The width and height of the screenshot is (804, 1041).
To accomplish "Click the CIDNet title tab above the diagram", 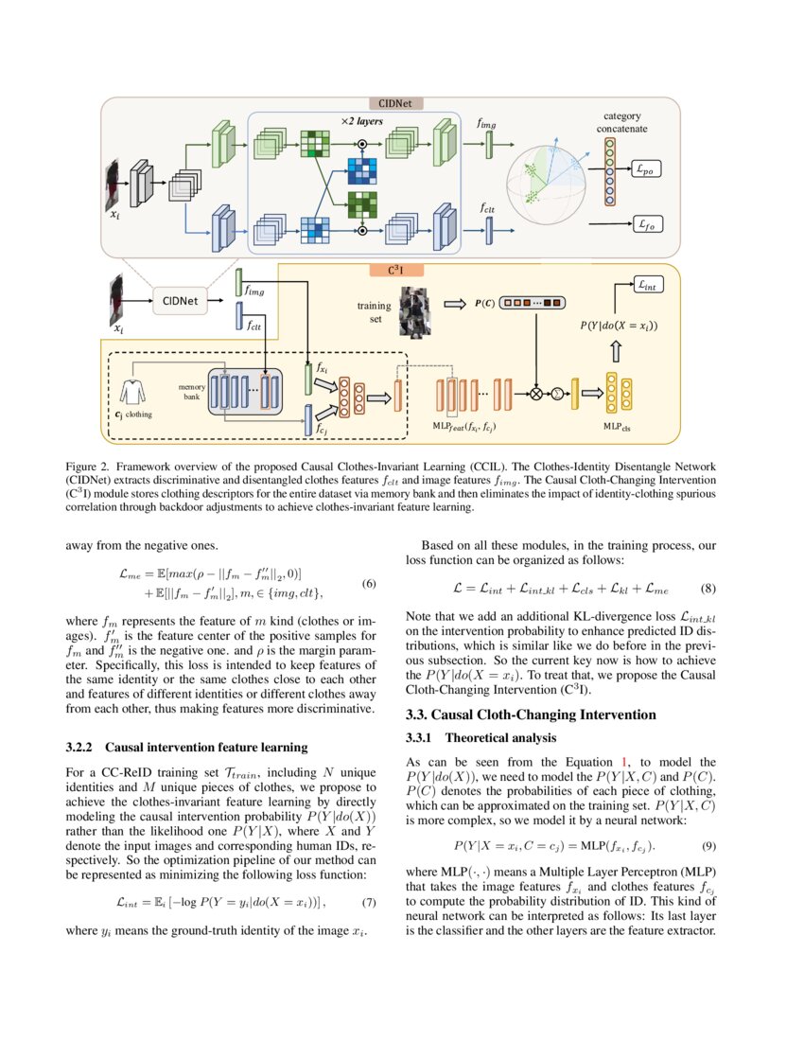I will [x=394, y=103].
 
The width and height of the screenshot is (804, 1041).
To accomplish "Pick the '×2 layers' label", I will [x=362, y=122].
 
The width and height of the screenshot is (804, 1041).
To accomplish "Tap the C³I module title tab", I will [x=394, y=270].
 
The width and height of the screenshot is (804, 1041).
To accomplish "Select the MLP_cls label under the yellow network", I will [x=618, y=427].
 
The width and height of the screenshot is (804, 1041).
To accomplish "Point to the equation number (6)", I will [x=370, y=584].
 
